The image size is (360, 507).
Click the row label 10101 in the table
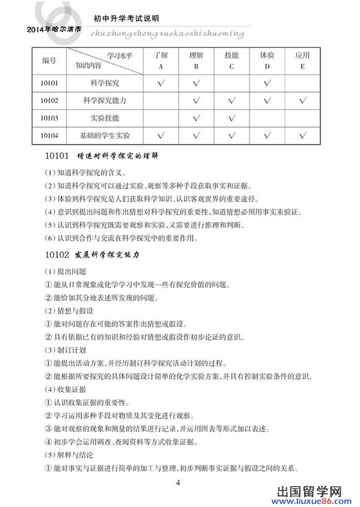[49, 82]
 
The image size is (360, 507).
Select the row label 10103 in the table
[49, 117]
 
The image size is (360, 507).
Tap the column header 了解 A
[161, 60]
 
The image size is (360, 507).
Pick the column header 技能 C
[231, 60]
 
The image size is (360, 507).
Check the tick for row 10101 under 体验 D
[267, 83]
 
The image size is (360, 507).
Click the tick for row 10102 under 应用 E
[302, 100]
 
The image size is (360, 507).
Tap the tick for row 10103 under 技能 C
[231, 117]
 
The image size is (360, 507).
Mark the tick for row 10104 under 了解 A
[161, 135]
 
